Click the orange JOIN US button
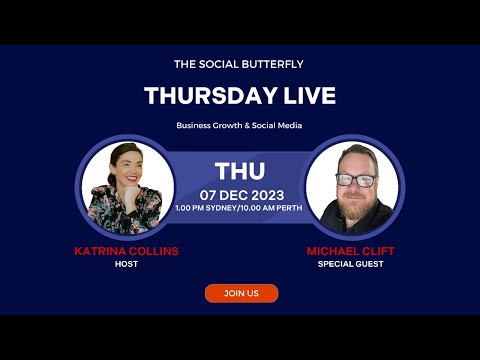[241, 293]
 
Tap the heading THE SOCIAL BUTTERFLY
[239, 64]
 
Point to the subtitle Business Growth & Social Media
[239, 125]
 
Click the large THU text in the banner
[240, 170]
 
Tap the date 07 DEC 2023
[240, 193]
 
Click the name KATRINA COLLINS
[127, 251]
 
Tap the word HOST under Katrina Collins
[127, 264]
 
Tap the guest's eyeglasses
[355, 181]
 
